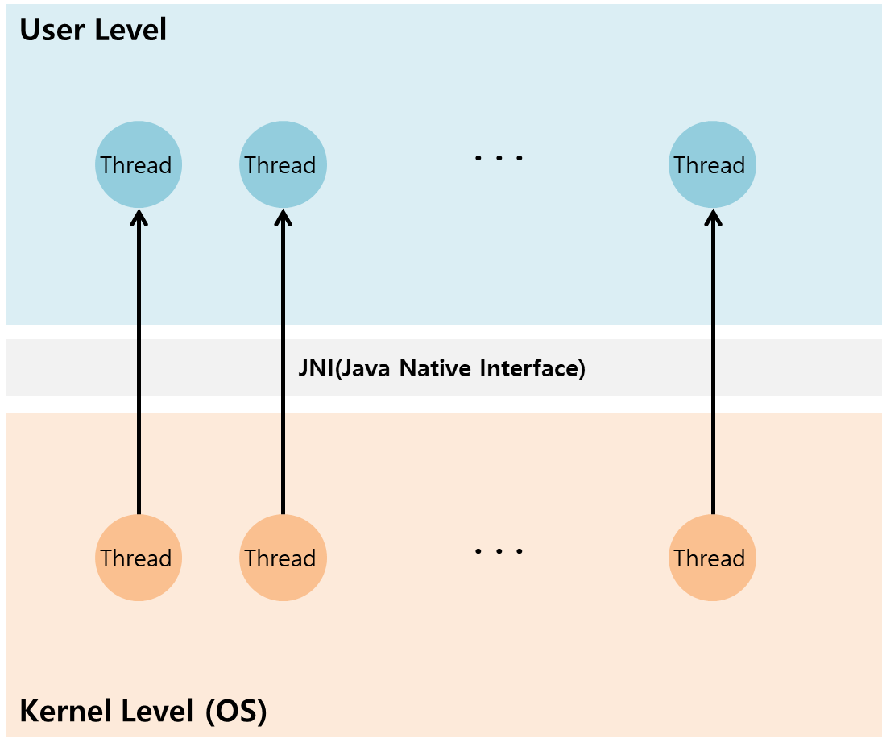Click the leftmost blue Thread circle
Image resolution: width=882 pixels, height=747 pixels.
pos(139,164)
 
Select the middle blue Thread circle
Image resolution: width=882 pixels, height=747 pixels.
pos(283,164)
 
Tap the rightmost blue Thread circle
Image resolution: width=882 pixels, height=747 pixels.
pos(712,164)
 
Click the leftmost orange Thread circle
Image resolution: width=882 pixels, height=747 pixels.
pos(139,558)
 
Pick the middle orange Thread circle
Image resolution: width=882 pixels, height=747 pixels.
pos(283,558)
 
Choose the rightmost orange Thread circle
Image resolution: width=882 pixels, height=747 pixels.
pos(712,558)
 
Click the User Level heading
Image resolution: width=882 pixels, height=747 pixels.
pos(93,30)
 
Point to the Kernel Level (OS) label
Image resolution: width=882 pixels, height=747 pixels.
pos(143,712)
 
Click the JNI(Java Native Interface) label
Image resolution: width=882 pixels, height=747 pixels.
pos(441,369)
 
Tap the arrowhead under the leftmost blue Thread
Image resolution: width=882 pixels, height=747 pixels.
pos(139,218)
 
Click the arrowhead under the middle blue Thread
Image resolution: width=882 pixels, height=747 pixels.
pos(283,218)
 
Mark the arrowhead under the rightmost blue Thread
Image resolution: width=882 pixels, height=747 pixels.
pos(713,218)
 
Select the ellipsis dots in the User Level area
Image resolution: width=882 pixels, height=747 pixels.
pos(499,158)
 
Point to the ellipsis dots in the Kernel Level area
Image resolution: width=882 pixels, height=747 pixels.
pos(499,551)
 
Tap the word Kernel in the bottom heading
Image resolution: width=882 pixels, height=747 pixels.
pos(65,712)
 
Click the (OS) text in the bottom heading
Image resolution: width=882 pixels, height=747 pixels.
pos(236,712)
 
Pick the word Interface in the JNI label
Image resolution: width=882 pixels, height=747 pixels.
pos(532,369)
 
